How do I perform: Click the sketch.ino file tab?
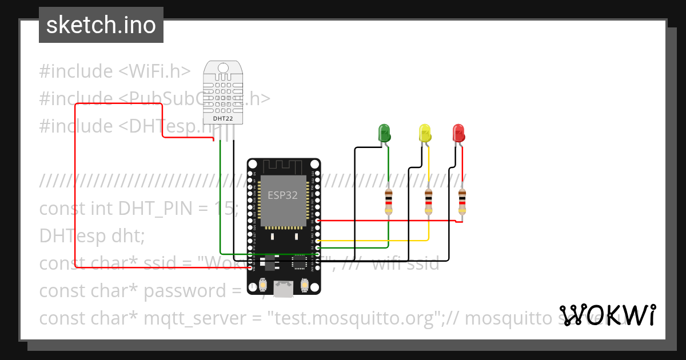(101, 25)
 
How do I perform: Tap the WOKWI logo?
(607, 315)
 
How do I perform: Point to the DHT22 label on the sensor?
(222, 118)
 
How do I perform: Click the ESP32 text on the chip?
(282, 195)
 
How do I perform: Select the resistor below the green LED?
(389, 202)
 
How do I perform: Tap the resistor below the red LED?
(462, 202)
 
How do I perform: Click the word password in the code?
(185, 291)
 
